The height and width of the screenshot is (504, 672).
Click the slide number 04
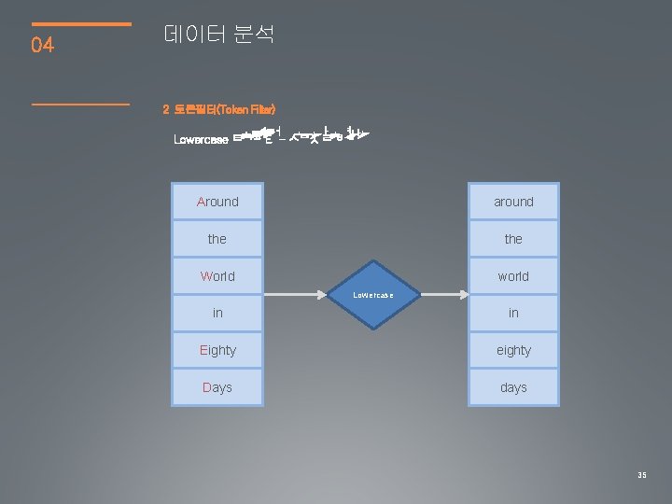coord(43,45)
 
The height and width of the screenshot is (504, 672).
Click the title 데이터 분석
coord(218,35)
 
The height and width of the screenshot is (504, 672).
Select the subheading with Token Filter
coord(219,110)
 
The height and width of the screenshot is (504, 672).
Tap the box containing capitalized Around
coord(217,202)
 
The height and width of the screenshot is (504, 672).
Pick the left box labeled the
coord(217,239)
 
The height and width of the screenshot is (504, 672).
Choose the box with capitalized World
coord(217,276)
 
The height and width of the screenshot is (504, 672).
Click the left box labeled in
coord(217,313)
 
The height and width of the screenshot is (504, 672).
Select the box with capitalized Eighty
coord(217,350)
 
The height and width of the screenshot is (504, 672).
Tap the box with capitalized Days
coord(217,387)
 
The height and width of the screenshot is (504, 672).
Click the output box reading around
coord(513,202)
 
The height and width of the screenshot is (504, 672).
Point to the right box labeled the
coord(513,239)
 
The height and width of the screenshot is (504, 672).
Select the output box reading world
coord(513,276)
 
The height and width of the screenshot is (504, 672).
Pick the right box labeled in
coord(513,313)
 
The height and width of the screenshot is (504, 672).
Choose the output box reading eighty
coord(513,350)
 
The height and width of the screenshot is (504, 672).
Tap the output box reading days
coord(513,387)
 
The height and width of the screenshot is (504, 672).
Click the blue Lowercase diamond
coord(372,295)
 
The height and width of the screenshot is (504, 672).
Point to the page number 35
coord(642,475)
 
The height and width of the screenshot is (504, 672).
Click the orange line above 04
coord(81,23)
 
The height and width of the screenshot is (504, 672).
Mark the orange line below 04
coord(81,104)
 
